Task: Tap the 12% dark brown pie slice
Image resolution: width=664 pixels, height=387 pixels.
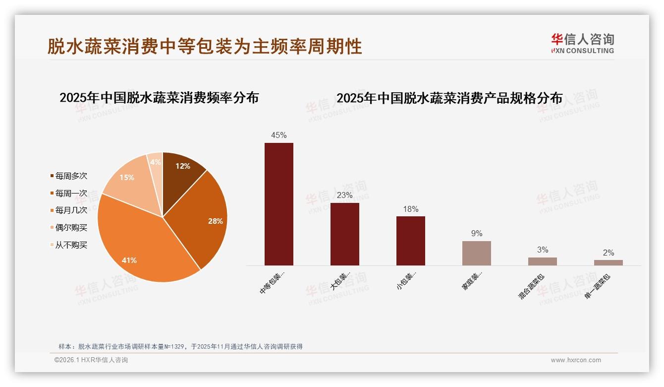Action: point(181,171)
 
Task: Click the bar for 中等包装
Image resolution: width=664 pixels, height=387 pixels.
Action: point(278,204)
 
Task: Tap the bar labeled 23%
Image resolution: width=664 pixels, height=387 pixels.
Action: point(344,234)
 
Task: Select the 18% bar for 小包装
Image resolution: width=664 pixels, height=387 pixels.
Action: point(410,241)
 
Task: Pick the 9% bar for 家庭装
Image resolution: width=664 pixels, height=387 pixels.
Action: point(476,253)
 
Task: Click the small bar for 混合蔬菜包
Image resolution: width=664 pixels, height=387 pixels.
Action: point(542,261)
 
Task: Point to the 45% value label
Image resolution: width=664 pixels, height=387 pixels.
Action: point(278,135)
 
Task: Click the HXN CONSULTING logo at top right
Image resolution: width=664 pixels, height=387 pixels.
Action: point(582,44)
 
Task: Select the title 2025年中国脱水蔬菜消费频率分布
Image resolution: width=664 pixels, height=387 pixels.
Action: point(159,98)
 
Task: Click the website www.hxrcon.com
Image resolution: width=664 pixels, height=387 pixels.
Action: point(576,360)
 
